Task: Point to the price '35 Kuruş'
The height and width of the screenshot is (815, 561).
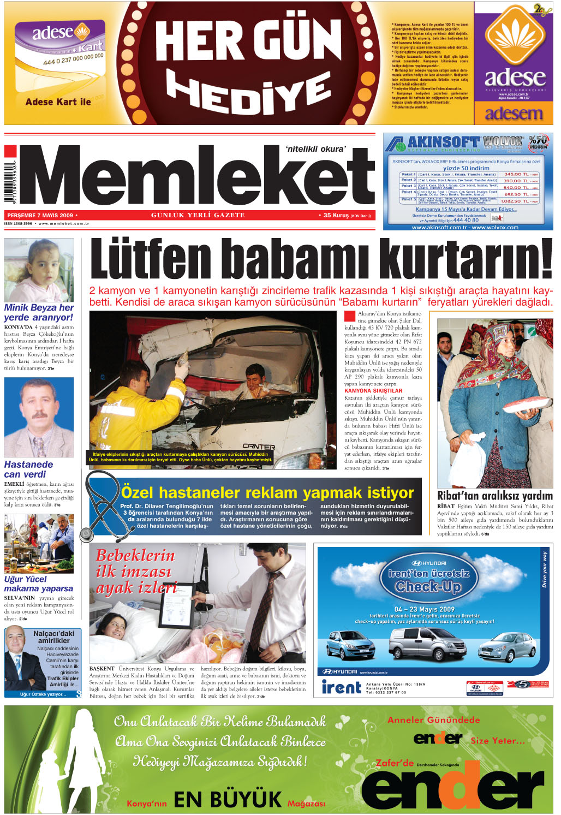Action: point(336,215)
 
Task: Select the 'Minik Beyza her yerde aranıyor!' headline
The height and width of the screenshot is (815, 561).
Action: point(39,312)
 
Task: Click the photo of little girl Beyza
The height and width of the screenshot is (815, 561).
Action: point(39,270)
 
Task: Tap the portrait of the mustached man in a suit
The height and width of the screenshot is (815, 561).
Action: point(39,417)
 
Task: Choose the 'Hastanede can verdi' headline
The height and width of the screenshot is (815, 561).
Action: point(29,469)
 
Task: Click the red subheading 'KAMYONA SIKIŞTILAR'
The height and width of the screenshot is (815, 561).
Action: point(373,390)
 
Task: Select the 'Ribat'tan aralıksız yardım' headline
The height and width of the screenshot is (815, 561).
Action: point(494,496)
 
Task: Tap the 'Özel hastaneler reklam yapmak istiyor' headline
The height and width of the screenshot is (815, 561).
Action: point(267,492)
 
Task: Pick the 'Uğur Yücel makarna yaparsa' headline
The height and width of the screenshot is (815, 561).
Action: point(38,584)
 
